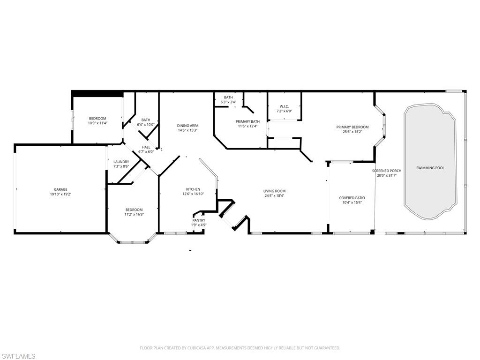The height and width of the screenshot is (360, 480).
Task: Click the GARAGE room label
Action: coord(60,189)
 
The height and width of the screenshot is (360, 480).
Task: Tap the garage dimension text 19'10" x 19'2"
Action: coord(60,194)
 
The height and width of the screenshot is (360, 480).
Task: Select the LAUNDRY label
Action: coord(121,162)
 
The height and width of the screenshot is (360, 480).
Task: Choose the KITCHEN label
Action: coord(193,189)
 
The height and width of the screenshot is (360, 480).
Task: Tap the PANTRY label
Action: coord(199,220)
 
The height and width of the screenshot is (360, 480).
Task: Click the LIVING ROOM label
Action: coord(274,191)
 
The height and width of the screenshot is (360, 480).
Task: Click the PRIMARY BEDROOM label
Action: coord(352,127)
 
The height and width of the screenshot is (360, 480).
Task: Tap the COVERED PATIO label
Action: coord(352,198)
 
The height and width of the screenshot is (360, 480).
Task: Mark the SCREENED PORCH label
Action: coord(387,171)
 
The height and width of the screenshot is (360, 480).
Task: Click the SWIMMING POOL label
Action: coord(430,167)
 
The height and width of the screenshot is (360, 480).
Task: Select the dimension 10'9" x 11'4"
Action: coord(98,123)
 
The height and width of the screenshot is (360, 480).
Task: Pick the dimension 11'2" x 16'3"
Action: coord(134,214)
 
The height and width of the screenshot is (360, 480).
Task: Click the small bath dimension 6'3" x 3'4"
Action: coord(228,102)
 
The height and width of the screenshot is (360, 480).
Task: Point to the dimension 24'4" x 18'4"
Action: coord(274,195)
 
